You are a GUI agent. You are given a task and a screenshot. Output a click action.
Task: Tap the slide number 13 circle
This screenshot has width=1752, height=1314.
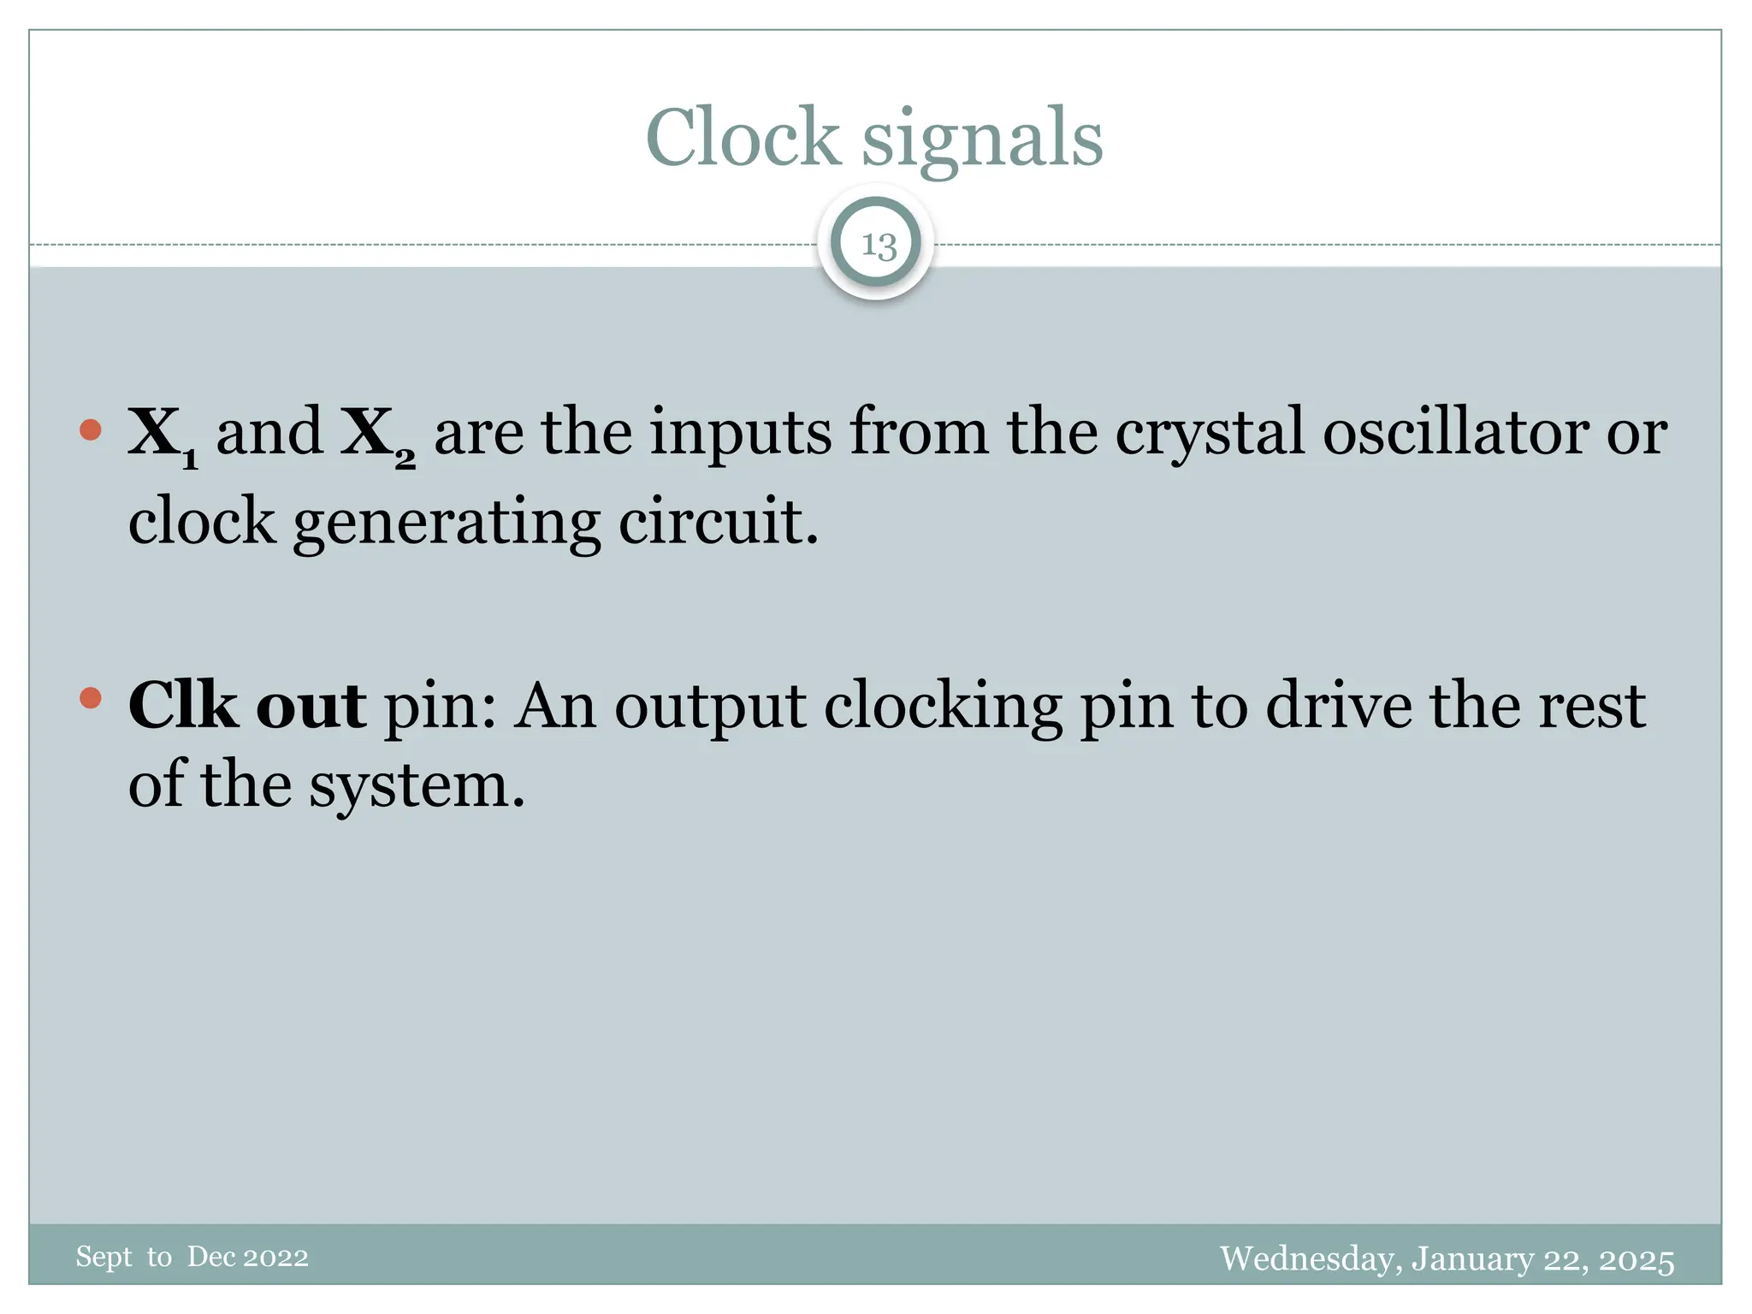pyautogui.click(x=878, y=245)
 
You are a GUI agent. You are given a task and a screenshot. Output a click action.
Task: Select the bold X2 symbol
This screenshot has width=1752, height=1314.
pyautogui.click(x=377, y=435)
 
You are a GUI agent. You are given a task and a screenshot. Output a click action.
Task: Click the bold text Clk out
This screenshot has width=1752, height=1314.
pyautogui.click(x=247, y=706)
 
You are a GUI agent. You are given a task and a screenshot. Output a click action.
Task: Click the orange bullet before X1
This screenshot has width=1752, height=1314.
pyautogui.click(x=90, y=429)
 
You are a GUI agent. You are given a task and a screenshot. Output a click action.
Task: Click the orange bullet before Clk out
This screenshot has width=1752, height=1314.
pyautogui.click(x=90, y=698)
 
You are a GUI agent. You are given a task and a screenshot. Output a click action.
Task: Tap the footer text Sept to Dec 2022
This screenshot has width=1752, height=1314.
pyautogui.click(x=192, y=1257)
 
